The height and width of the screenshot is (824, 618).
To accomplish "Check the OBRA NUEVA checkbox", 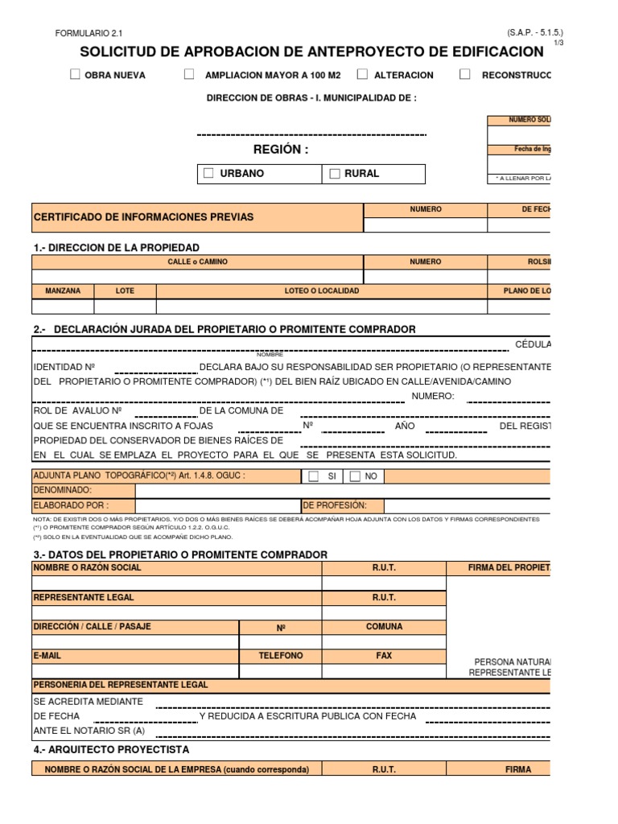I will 75,75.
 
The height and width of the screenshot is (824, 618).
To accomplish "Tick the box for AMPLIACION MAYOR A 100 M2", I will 189,75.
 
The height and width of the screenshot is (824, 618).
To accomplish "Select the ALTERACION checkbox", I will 363,75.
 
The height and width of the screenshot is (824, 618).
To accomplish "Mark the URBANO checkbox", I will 209,174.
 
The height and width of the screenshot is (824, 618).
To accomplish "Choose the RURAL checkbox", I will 335,174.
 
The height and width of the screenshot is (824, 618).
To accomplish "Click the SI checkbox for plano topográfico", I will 314,476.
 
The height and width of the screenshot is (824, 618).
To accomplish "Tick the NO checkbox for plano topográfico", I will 355,476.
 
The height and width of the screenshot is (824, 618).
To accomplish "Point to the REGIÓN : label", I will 280,150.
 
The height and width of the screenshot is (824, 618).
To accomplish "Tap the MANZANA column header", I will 63,291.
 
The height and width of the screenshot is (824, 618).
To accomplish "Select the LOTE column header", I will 125,291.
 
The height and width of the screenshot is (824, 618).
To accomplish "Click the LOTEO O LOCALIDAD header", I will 322,291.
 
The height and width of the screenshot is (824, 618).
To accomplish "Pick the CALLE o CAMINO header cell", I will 197,262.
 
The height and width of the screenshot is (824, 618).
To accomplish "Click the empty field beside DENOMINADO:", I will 217,490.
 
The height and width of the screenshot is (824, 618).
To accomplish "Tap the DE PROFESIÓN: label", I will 335,505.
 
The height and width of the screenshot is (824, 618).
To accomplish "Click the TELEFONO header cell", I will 280,656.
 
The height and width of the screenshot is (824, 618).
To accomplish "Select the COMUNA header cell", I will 384,627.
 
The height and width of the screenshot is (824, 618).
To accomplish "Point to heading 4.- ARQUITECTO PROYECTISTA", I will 111,749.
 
